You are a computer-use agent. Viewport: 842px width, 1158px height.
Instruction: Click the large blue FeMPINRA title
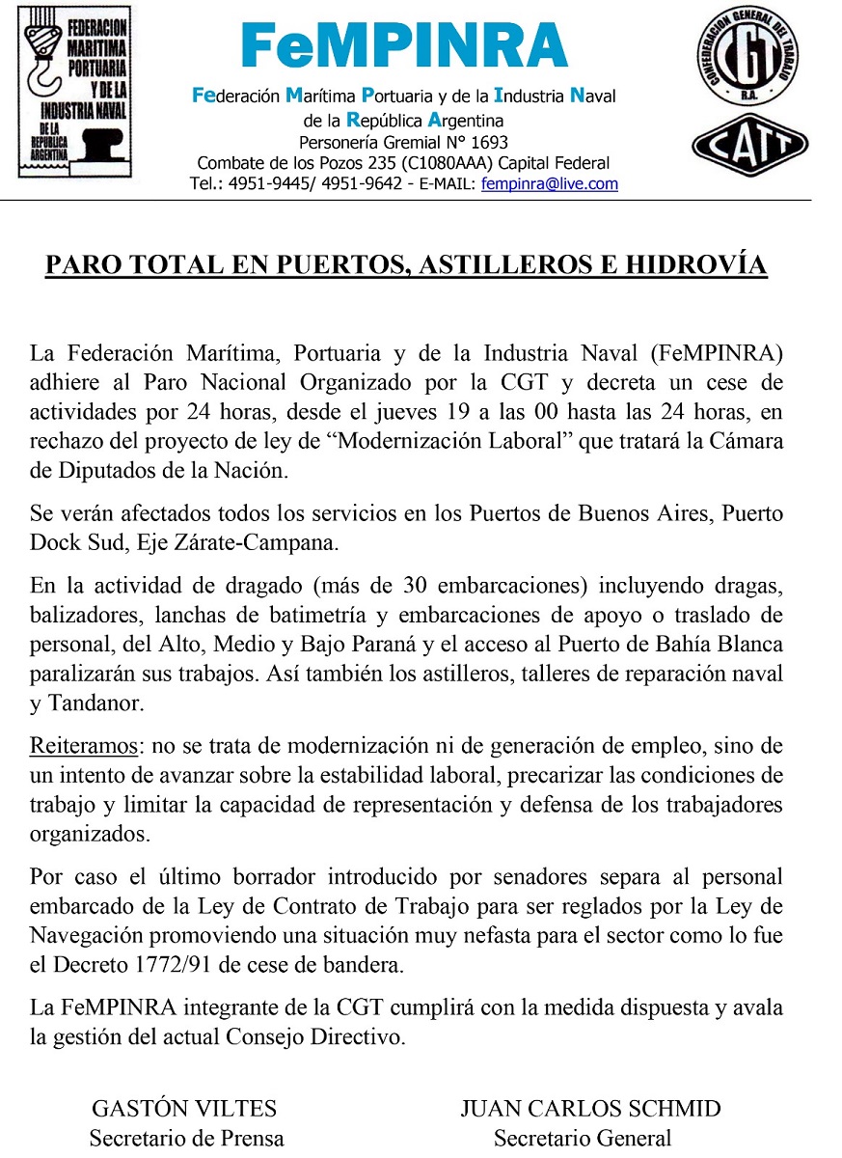click(404, 45)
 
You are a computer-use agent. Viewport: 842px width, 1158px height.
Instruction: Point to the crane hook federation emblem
click(75, 93)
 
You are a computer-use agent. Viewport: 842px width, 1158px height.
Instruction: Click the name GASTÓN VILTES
click(184, 1109)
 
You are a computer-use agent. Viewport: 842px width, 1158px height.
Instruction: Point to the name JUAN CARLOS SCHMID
click(590, 1109)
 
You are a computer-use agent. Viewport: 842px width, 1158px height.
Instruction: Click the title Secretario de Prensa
click(186, 1139)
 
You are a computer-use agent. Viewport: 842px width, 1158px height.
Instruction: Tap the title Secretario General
click(582, 1139)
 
